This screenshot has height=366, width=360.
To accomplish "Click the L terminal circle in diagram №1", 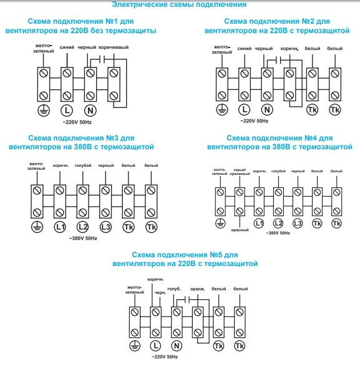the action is coord(67,111).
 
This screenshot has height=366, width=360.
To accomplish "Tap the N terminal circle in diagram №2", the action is coord(267,109).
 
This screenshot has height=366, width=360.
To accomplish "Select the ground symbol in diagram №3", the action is coord(37,227).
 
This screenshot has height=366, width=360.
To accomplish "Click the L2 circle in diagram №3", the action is coord(83,227).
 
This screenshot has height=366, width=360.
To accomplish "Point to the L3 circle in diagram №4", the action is coord(298,224).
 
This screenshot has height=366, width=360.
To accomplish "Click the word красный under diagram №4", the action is coord(240,230).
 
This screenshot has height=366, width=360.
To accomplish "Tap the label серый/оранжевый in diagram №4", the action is coord(240,172).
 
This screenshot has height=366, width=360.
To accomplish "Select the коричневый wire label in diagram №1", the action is coord(114,47).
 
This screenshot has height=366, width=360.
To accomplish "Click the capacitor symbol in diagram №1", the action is coord(102,59).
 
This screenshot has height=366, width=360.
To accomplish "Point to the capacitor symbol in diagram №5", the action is coord(187,299).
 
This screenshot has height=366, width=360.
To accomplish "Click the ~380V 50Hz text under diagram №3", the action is coord(83,239).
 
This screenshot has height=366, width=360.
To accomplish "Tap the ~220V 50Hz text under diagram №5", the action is coord(165,357).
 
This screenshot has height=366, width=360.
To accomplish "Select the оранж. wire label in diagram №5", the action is coord(198,289).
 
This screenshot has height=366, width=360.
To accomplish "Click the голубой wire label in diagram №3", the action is coord(83,166).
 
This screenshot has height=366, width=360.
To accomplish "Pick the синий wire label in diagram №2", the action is coord(245,49).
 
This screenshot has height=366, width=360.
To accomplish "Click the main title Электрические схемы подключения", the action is coord(179,4).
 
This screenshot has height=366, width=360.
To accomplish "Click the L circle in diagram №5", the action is coord(155,345).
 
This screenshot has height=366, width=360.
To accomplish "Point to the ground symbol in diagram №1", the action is coord(44,111).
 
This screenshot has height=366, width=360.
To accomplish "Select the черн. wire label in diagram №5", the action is coord(160,293).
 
